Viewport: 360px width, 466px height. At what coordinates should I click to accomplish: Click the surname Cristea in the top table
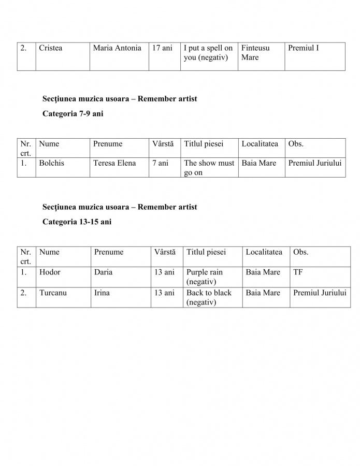click(51, 48)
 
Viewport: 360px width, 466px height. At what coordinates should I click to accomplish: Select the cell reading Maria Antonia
click(117, 48)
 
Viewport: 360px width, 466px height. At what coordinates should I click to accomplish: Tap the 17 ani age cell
click(162, 48)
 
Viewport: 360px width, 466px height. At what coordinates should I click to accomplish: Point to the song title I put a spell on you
click(208, 53)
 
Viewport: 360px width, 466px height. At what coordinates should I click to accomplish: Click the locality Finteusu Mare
click(255, 53)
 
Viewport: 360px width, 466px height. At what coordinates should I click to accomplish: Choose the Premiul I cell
click(304, 48)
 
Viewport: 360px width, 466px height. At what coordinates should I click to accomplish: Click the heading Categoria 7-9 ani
click(73, 114)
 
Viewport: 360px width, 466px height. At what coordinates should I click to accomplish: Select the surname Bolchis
click(52, 163)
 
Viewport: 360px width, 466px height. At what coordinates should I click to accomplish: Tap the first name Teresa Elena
click(114, 163)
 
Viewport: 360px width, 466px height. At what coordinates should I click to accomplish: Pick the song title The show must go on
click(209, 168)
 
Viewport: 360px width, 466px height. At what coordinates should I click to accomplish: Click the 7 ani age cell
click(161, 163)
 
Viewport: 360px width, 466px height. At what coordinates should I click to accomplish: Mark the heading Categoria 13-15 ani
click(77, 222)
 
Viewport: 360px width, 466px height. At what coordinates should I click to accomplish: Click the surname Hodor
click(50, 272)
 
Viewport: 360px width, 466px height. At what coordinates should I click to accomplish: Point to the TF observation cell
click(298, 272)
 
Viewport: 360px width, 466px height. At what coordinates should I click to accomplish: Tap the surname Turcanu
click(53, 293)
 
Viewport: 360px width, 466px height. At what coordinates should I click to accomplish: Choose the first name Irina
click(102, 293)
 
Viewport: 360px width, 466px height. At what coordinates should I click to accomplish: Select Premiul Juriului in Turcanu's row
click(320, 293)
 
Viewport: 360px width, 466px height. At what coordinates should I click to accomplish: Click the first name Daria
click(103, 272)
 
